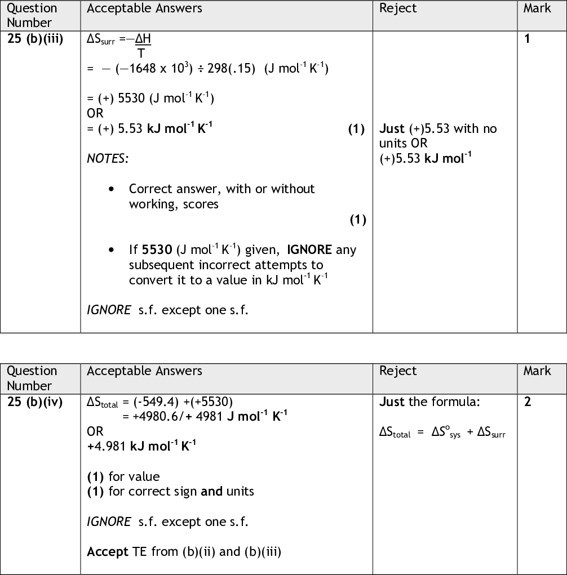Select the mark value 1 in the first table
point(528,39)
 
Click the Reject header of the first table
point(398,8)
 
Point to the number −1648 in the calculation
point(133,69)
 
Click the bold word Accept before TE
point(108,551)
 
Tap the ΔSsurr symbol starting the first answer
point(101,39)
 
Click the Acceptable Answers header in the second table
point(144,371)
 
